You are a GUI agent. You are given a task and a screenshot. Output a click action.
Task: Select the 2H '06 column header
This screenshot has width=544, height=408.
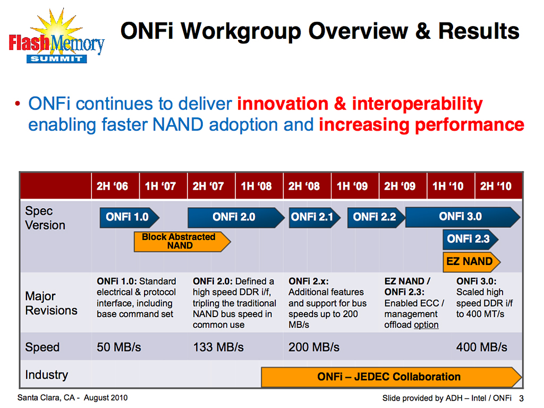pos(112,186)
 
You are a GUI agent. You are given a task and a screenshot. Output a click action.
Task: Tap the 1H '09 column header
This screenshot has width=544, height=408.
pos(352,186)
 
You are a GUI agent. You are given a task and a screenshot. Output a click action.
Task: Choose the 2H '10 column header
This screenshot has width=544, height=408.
pos(496,186)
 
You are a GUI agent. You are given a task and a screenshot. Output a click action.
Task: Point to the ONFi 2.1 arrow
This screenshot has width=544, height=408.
pos(312,217)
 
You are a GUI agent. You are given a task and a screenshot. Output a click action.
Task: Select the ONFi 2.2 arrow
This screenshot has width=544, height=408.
pos(375,217)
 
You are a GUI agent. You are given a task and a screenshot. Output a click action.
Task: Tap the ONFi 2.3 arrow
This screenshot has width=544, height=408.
pos(469,239)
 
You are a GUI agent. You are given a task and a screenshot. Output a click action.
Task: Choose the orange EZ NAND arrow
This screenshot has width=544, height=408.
pos(470,261)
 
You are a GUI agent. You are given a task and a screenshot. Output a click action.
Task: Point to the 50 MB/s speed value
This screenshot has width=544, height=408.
pos(119,347)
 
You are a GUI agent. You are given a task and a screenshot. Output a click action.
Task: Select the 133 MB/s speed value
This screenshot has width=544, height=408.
pos(218,347)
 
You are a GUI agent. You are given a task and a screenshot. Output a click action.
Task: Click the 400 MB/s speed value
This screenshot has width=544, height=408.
pos(482,347)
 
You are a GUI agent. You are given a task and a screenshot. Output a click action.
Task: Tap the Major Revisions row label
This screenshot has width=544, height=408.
pos(51,303)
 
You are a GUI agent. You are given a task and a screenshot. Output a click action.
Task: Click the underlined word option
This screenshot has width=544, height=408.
pos(426,325)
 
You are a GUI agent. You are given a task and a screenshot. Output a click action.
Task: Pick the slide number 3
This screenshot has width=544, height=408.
pos(521,399)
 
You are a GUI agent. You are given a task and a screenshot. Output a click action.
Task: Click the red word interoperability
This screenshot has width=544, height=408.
pos(417,104)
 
